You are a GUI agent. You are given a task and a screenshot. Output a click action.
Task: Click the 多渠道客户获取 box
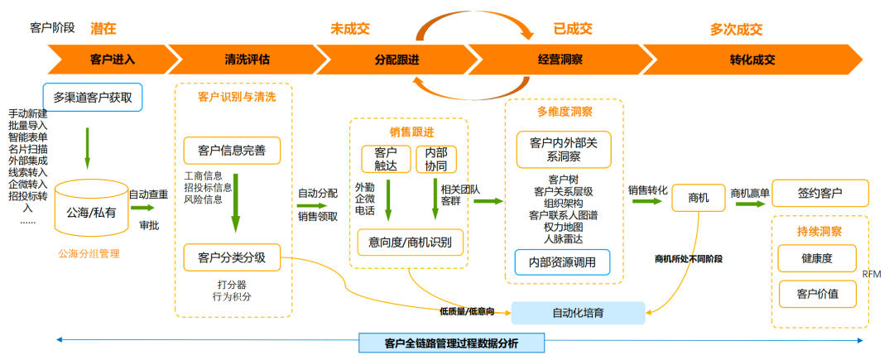coord(92,97)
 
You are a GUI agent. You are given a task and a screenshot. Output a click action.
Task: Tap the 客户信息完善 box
coord(232,150)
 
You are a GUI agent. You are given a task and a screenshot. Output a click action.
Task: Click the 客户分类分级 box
coord(232,257)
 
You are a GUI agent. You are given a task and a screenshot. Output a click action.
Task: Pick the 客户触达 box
coord(386,160)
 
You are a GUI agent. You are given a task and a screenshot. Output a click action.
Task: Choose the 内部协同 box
coord(435,160)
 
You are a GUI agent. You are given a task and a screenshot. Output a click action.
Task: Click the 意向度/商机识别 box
coord(410,242)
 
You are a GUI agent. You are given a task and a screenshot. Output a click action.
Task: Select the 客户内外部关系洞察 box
coord(563,150)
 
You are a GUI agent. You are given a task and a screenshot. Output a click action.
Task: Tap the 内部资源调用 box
coord(563,262)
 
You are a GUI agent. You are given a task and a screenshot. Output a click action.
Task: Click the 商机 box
coord(699,196)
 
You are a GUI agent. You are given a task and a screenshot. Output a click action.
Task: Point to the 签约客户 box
coord(819,193)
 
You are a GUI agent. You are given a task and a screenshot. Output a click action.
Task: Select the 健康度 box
coord(816,258)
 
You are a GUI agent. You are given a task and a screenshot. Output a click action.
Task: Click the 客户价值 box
coord(816,294)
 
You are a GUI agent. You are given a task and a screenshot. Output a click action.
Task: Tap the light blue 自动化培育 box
coord(578,313)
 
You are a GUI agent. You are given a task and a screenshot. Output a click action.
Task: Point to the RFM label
coord(872,273)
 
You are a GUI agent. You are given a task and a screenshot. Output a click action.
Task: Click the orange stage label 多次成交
coord(736,30)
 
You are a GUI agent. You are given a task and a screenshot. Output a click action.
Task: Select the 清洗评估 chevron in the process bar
coord(247,60)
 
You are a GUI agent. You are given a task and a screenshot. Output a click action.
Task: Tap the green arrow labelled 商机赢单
coord(749,204)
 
